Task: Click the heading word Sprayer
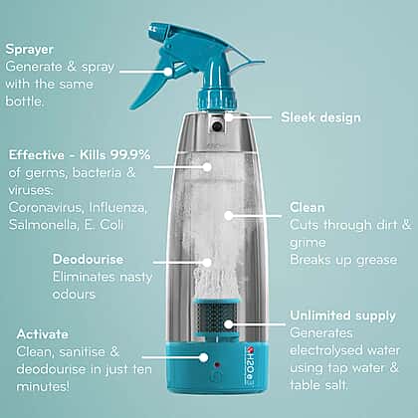tap(29, 50)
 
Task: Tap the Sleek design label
tap(320, 117)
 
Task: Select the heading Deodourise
tap(88, 259)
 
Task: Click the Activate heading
tap(43, 334)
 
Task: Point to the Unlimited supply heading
tap(342, 316)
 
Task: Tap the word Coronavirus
tap(45, 208)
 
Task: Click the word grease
tap(377, 261)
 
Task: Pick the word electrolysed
tap(324, 350)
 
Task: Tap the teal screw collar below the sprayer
tap(217, 99)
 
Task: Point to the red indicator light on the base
tap(217, 365)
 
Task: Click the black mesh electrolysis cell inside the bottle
tap(215, 317)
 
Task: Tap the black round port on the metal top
tap(218, 125)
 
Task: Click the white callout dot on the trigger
tap(168, 72)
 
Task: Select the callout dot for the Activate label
tap(204, 357)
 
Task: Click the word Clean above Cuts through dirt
tap(308, 208)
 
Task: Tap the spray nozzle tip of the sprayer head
tap(152, 28)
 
